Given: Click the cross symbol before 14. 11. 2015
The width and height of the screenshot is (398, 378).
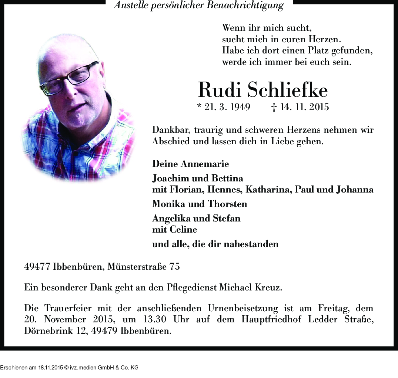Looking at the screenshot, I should coord(274,108).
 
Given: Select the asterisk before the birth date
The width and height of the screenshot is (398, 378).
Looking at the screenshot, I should coord(199,107).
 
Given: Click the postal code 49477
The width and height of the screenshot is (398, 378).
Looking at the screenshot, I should coord(37,266).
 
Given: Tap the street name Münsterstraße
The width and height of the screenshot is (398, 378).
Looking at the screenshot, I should coord(137,266).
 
